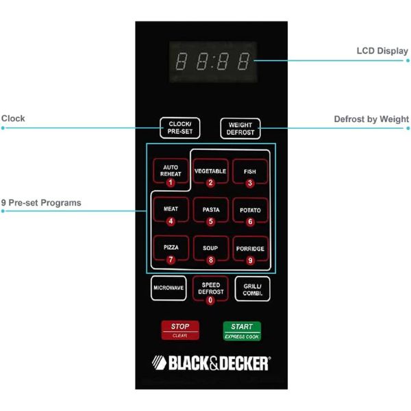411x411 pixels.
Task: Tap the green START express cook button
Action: coord(241,330)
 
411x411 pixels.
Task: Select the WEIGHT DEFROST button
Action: coord(240,127)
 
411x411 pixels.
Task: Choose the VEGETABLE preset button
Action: coord(210,172)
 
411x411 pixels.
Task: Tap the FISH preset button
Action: coord(249,172)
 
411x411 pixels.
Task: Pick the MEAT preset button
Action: coord(170,210)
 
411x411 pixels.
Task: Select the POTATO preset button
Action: coord(249,210)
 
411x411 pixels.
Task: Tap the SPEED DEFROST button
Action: coord(210,289)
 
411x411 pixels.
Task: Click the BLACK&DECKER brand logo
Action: coord(210,362)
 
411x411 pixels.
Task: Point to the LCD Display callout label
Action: coord(382,51)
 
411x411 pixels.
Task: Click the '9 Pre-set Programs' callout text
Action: coord(40,203)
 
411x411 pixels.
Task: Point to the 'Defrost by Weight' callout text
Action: coord(371,119)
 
